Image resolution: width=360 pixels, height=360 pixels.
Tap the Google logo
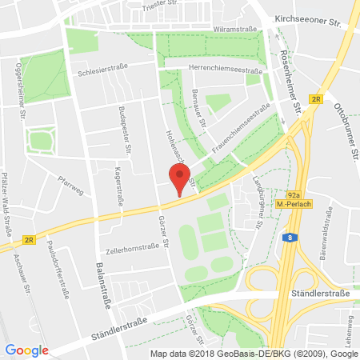tap(27, 350)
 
